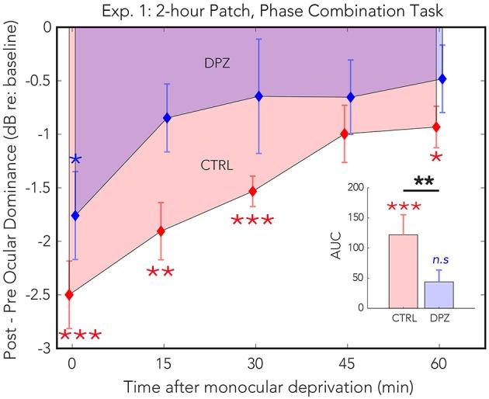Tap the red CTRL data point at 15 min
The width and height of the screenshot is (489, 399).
[x=161, y=231]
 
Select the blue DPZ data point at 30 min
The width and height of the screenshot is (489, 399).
[x=258, y=96]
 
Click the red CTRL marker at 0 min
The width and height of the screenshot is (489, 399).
[x=70, y=294]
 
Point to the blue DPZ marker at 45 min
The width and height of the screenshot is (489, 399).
[x=351, y=97]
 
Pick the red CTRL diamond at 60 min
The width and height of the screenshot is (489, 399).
[x=436, y=127]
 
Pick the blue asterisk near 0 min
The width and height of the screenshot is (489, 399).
[x=76, y=160]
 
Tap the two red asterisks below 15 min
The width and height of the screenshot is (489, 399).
[x=161, y=272]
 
